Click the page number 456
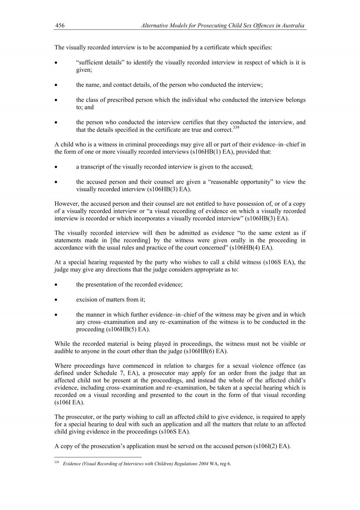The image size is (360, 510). [x=60, y=26]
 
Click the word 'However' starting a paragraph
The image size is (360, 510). [x=65, y=204]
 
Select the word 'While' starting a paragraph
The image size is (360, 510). [x=61, y=344]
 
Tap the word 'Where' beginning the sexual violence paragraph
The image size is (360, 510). [x=63, y=366]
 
